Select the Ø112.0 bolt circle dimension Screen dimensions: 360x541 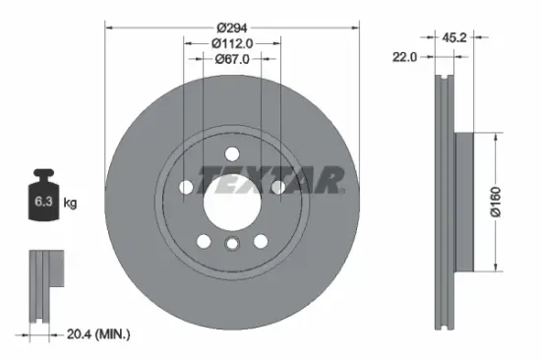point(232,42)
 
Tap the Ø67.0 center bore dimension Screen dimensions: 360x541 point(232,59)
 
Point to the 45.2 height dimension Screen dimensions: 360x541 point(454,38)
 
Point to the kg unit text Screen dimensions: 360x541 point(70,204)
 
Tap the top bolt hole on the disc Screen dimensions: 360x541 point(231,153)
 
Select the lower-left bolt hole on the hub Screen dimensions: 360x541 point(203,241)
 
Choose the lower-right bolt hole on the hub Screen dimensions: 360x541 point(261,241)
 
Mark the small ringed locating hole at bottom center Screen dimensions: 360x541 point(231,245)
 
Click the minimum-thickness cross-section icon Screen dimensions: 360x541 point(43,285)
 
